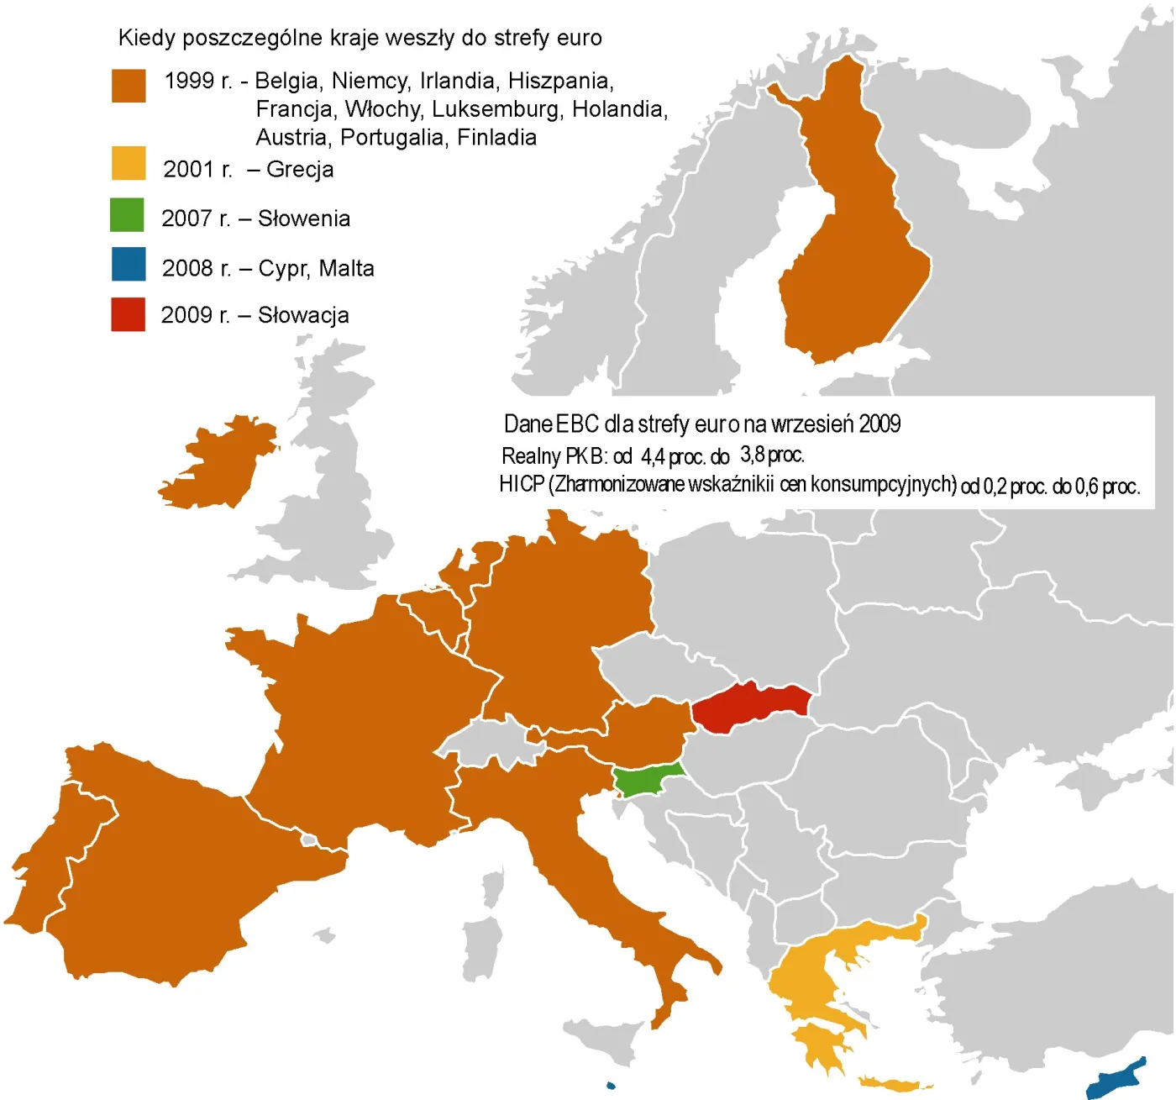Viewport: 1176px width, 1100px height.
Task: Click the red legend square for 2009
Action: (x=128, y=314)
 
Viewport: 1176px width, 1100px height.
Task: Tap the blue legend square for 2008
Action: (x=128, y=264)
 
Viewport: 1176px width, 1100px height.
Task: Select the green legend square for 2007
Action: (x=127, y=215)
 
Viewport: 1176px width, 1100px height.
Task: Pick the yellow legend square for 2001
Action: (x=129, y=164)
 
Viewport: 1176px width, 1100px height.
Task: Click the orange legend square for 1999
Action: (x=129, y=86)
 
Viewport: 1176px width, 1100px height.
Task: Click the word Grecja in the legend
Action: (x=300, y=170)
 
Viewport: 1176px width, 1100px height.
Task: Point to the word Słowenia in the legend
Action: (x=303, y=218)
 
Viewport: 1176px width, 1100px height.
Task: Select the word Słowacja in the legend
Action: (x=303, y=315)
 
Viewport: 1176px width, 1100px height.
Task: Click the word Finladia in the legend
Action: (x=496, y=137)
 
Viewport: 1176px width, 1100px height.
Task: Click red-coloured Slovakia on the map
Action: (x=748, y=706)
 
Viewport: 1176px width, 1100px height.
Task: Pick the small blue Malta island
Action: (x=611, y=1086)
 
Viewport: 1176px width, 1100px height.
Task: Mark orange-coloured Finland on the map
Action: (x=848, y=252)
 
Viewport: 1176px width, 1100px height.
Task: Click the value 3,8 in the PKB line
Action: (x=752, y=455)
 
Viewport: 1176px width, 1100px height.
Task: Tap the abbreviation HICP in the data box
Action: (x=521, y=485)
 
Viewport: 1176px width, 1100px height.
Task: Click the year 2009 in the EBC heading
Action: (x=879, y=424)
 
